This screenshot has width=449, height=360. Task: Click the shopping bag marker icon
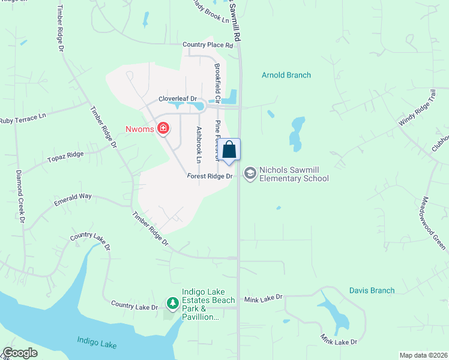pyautogui.click(x=229, y=149)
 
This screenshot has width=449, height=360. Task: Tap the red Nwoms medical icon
pyautogui.click(x=163, y=128)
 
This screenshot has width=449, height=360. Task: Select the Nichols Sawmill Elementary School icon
pyautogui.click(x=250, y=173)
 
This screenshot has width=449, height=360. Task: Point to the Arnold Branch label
pyautogui.click(x=286, y=75)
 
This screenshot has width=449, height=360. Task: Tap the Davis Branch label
pyautogui.click(x=372, y=290)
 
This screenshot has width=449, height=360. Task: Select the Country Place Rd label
pyautogui.click(x=208, y=45)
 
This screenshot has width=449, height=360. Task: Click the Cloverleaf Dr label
pyautogui.click(x=178, y=99)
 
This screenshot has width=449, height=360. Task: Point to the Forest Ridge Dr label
pyautogui.click(x=209, y=176)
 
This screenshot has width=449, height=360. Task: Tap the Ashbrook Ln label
pyautogui.click(x=198, y=145)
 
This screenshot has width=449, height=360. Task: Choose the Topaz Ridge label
pyautogui.click(x=65, y=158)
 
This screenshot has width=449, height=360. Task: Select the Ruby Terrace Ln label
pyautogui.click(x=23, y=119)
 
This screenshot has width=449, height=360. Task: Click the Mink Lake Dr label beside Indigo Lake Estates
pyautogui.click(x=263, y=298)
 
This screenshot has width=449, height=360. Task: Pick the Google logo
pyautogui.click(x=20, y=353)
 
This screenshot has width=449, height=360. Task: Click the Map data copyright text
pyautogui.click(x=423, y=355)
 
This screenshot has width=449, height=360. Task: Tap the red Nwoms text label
pyautogui.click(x=139, y=128)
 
